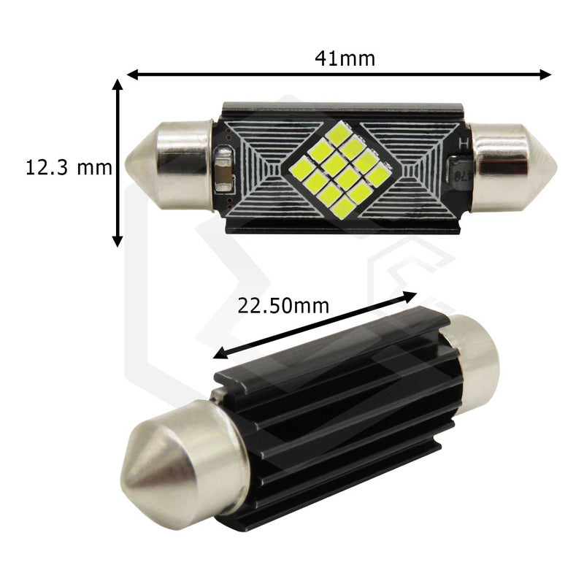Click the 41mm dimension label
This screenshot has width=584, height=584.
click(345, 58)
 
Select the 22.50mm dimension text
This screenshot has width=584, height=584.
click(283, 306)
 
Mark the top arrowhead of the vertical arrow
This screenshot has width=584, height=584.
click(118, 85)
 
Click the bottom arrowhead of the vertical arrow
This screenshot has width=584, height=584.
click(118, 242)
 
